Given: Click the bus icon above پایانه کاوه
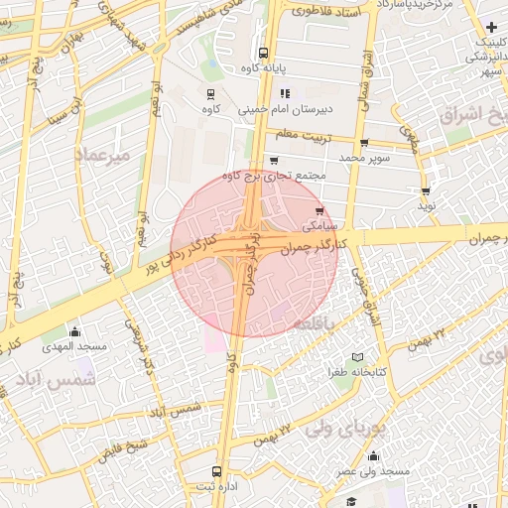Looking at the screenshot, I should [x=263, y=54].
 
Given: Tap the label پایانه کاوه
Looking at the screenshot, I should [x=263, y=68].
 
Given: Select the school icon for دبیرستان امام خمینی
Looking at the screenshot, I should [x=286, y=93].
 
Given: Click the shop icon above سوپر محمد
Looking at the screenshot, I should [x=364, y=143].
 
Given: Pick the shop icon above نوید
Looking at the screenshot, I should [x=426, y=191].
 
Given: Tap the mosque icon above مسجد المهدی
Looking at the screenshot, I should [x=74, y=332].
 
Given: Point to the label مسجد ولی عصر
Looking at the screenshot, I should [x=373, y=471].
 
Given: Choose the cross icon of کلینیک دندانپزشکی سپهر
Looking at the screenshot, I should [x=493, y=25].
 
